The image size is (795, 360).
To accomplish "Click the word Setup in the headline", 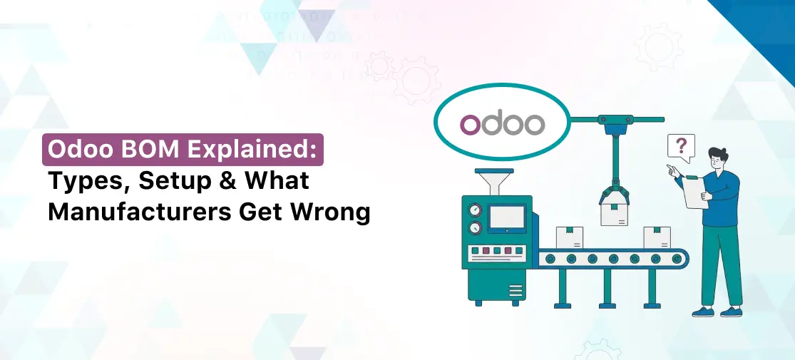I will pos(169,182).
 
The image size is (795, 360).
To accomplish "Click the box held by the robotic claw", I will pos(613,213).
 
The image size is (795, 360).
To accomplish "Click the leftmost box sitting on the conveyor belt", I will pos(570,237).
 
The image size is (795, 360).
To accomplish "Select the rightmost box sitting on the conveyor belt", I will pos(657,237).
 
